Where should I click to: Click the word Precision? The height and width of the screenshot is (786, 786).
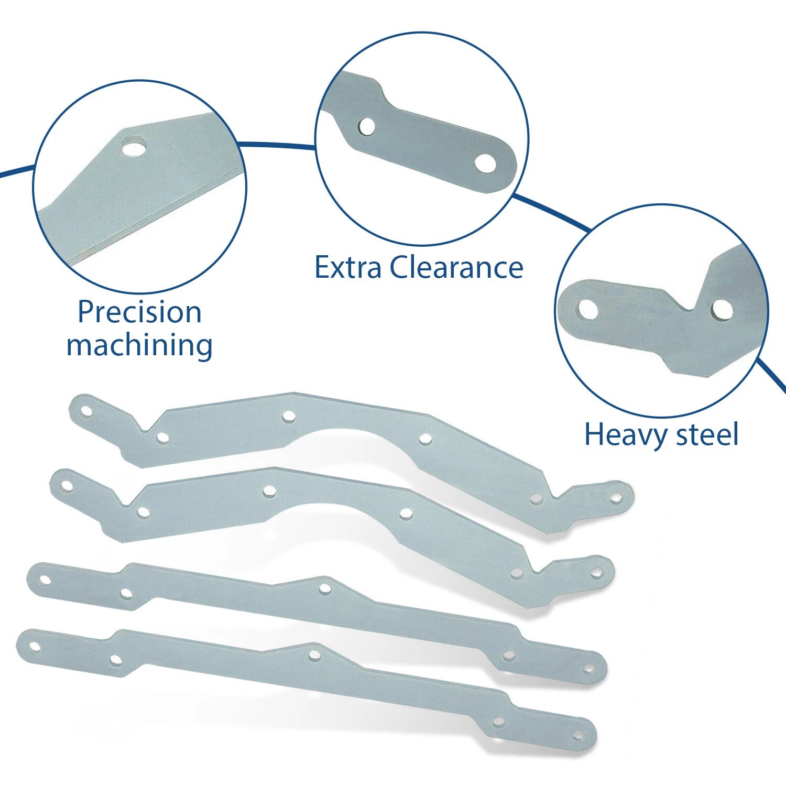[x=139, y=313]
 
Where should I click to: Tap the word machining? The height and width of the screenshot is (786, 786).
[x=139, y=346]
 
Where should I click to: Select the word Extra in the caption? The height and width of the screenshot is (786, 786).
[x=348, y=268]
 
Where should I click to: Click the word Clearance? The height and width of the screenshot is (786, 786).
[x=456, y=268]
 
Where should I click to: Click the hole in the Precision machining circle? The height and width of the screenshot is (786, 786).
[x=133, y=146]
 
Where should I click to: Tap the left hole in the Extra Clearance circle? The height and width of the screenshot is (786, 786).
[x=367, y=127]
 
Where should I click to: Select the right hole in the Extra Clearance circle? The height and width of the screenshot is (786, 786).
[x=485, y=163]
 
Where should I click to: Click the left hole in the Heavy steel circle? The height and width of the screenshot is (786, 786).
[x=588, y=309]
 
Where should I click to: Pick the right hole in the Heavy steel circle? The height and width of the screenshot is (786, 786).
[x=722, y=310]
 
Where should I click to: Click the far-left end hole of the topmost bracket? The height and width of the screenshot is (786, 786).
[x=86, y=411]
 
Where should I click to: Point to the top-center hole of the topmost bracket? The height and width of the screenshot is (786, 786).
[x=288, y=417]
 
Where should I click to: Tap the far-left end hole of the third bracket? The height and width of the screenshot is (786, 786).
[x=45, y=580]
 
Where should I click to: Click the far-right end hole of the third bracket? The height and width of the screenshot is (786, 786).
[x=589, y=669]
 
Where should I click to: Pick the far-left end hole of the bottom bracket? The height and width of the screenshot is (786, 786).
[x=35, y=647]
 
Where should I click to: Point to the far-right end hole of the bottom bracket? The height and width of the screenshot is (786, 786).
[x=578, y=735]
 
